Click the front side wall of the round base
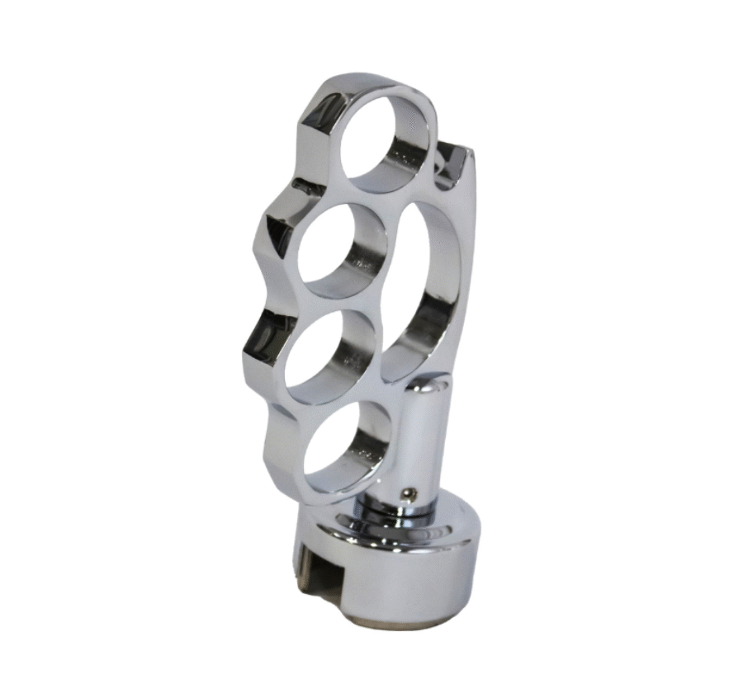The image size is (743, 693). [x=413, y=586]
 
